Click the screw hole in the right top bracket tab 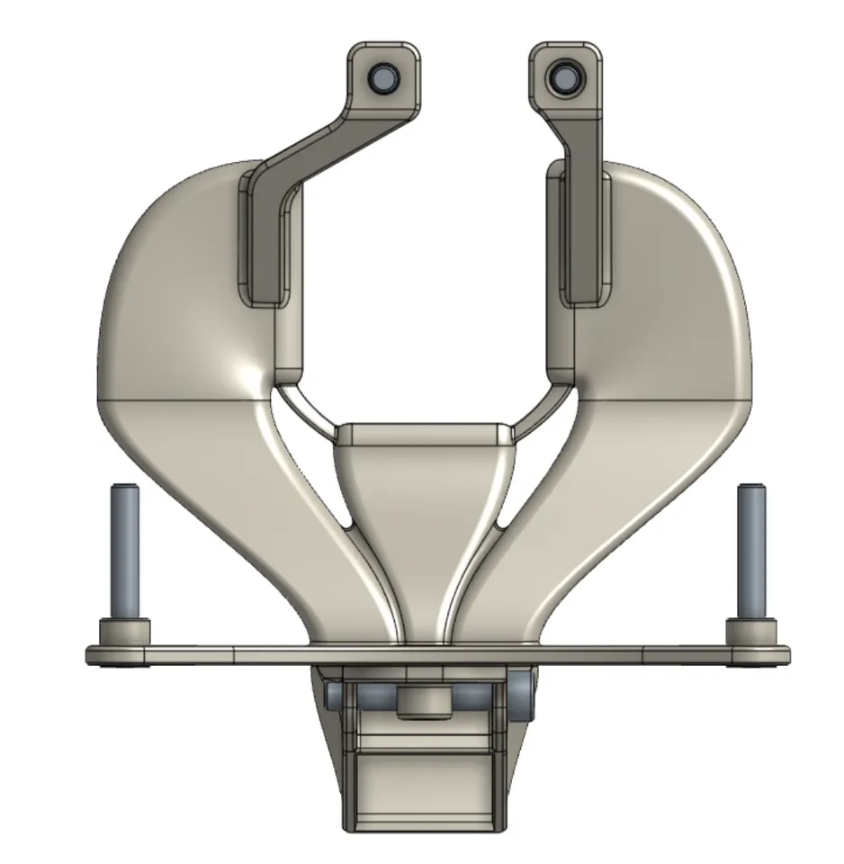pos(565,77)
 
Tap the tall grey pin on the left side pos(124,551)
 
